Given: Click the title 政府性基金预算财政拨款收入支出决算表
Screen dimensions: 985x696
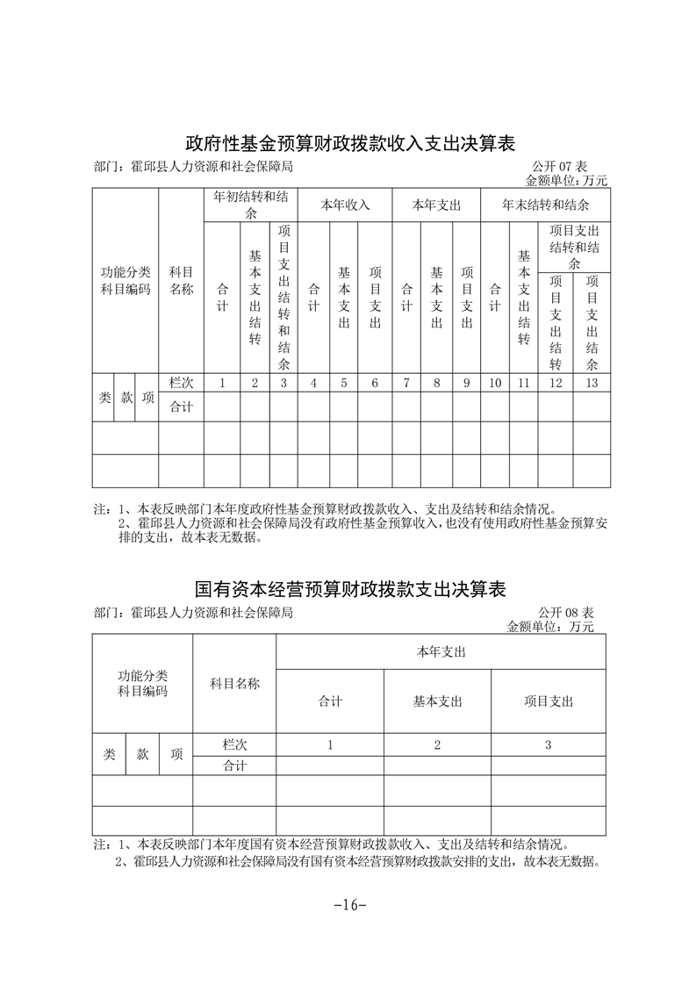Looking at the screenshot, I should pos(349,143).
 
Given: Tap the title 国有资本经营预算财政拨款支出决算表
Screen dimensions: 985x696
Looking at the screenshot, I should pos(349,588).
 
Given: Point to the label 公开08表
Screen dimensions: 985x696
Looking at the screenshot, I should pos(565,612).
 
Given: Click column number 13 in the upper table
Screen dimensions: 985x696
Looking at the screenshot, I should pos(592,383).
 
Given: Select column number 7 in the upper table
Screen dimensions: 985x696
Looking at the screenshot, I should pos(406,383).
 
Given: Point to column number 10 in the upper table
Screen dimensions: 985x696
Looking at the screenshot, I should pos(494,383).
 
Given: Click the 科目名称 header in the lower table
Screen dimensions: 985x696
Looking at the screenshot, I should pos(234,684).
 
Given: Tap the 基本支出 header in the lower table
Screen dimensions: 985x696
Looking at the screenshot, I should pos(437,701).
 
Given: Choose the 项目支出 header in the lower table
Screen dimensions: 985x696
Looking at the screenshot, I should pos(549,701).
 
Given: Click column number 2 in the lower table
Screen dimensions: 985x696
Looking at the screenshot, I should pos(437,744).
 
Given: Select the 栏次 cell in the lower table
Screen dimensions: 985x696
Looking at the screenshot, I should pos(234,744).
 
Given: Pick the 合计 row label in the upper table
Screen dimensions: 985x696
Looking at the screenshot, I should pos(181,406).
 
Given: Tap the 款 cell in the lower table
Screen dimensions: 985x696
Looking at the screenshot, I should pos(142,754).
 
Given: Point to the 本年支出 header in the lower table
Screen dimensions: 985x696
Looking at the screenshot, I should pos(441,652).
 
